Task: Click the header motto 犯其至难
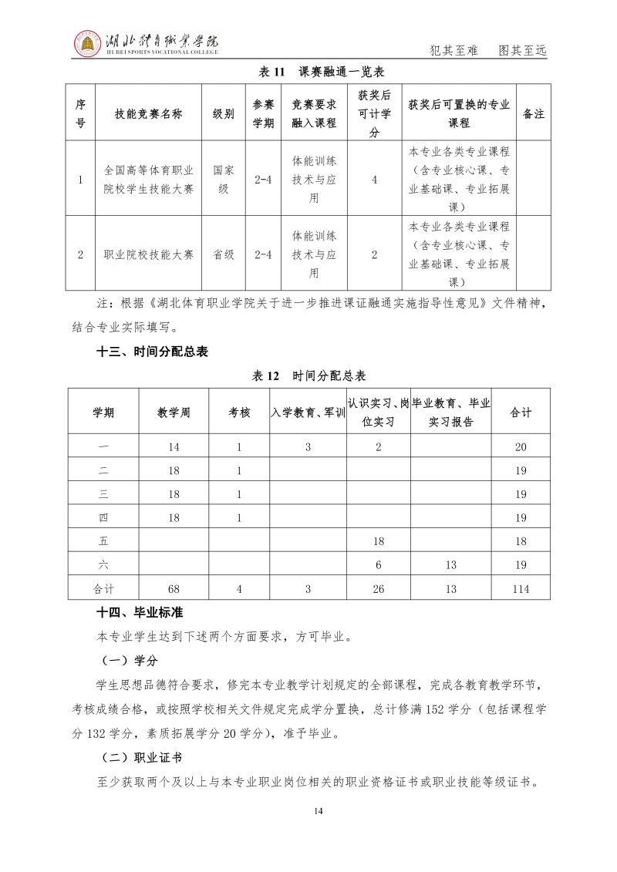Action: coord(453,51)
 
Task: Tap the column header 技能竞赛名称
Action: coord(148,113)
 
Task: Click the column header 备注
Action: coord(534,113)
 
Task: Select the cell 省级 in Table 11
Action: coord(224,254)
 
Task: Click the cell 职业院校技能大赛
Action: coord(148,254)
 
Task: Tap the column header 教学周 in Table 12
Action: coord(174,412)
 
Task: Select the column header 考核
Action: coord(239,412)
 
